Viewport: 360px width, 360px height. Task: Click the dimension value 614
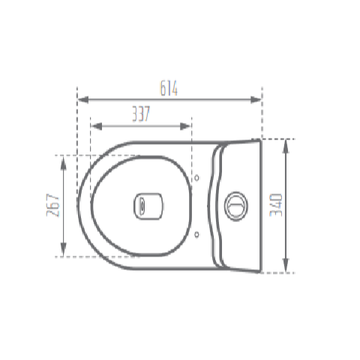point(168,88)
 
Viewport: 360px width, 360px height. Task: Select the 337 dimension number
point(139,114)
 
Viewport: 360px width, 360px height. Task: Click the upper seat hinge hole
point(196,178)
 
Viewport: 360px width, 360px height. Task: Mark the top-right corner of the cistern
point(260,140)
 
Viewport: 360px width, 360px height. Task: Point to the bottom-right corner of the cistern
point(260,271)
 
